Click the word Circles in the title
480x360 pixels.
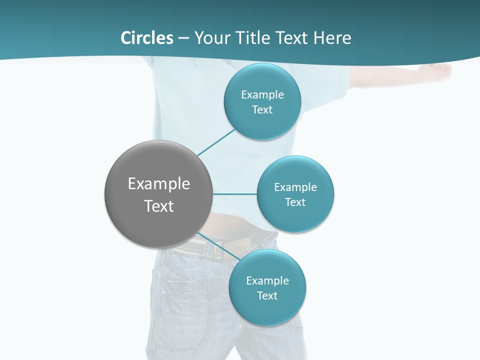point(146,38)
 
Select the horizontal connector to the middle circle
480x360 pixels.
point(235,194)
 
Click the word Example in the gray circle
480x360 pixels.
point(159,184)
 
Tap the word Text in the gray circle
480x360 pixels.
point(159,206)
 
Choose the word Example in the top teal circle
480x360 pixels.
point(262,94)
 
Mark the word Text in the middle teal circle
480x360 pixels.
point(295,202)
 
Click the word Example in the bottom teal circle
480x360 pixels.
point(267,280)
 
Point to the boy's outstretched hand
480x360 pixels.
point(440,70)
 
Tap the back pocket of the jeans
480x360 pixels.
point(185,295)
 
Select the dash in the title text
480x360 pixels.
point(183,38)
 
